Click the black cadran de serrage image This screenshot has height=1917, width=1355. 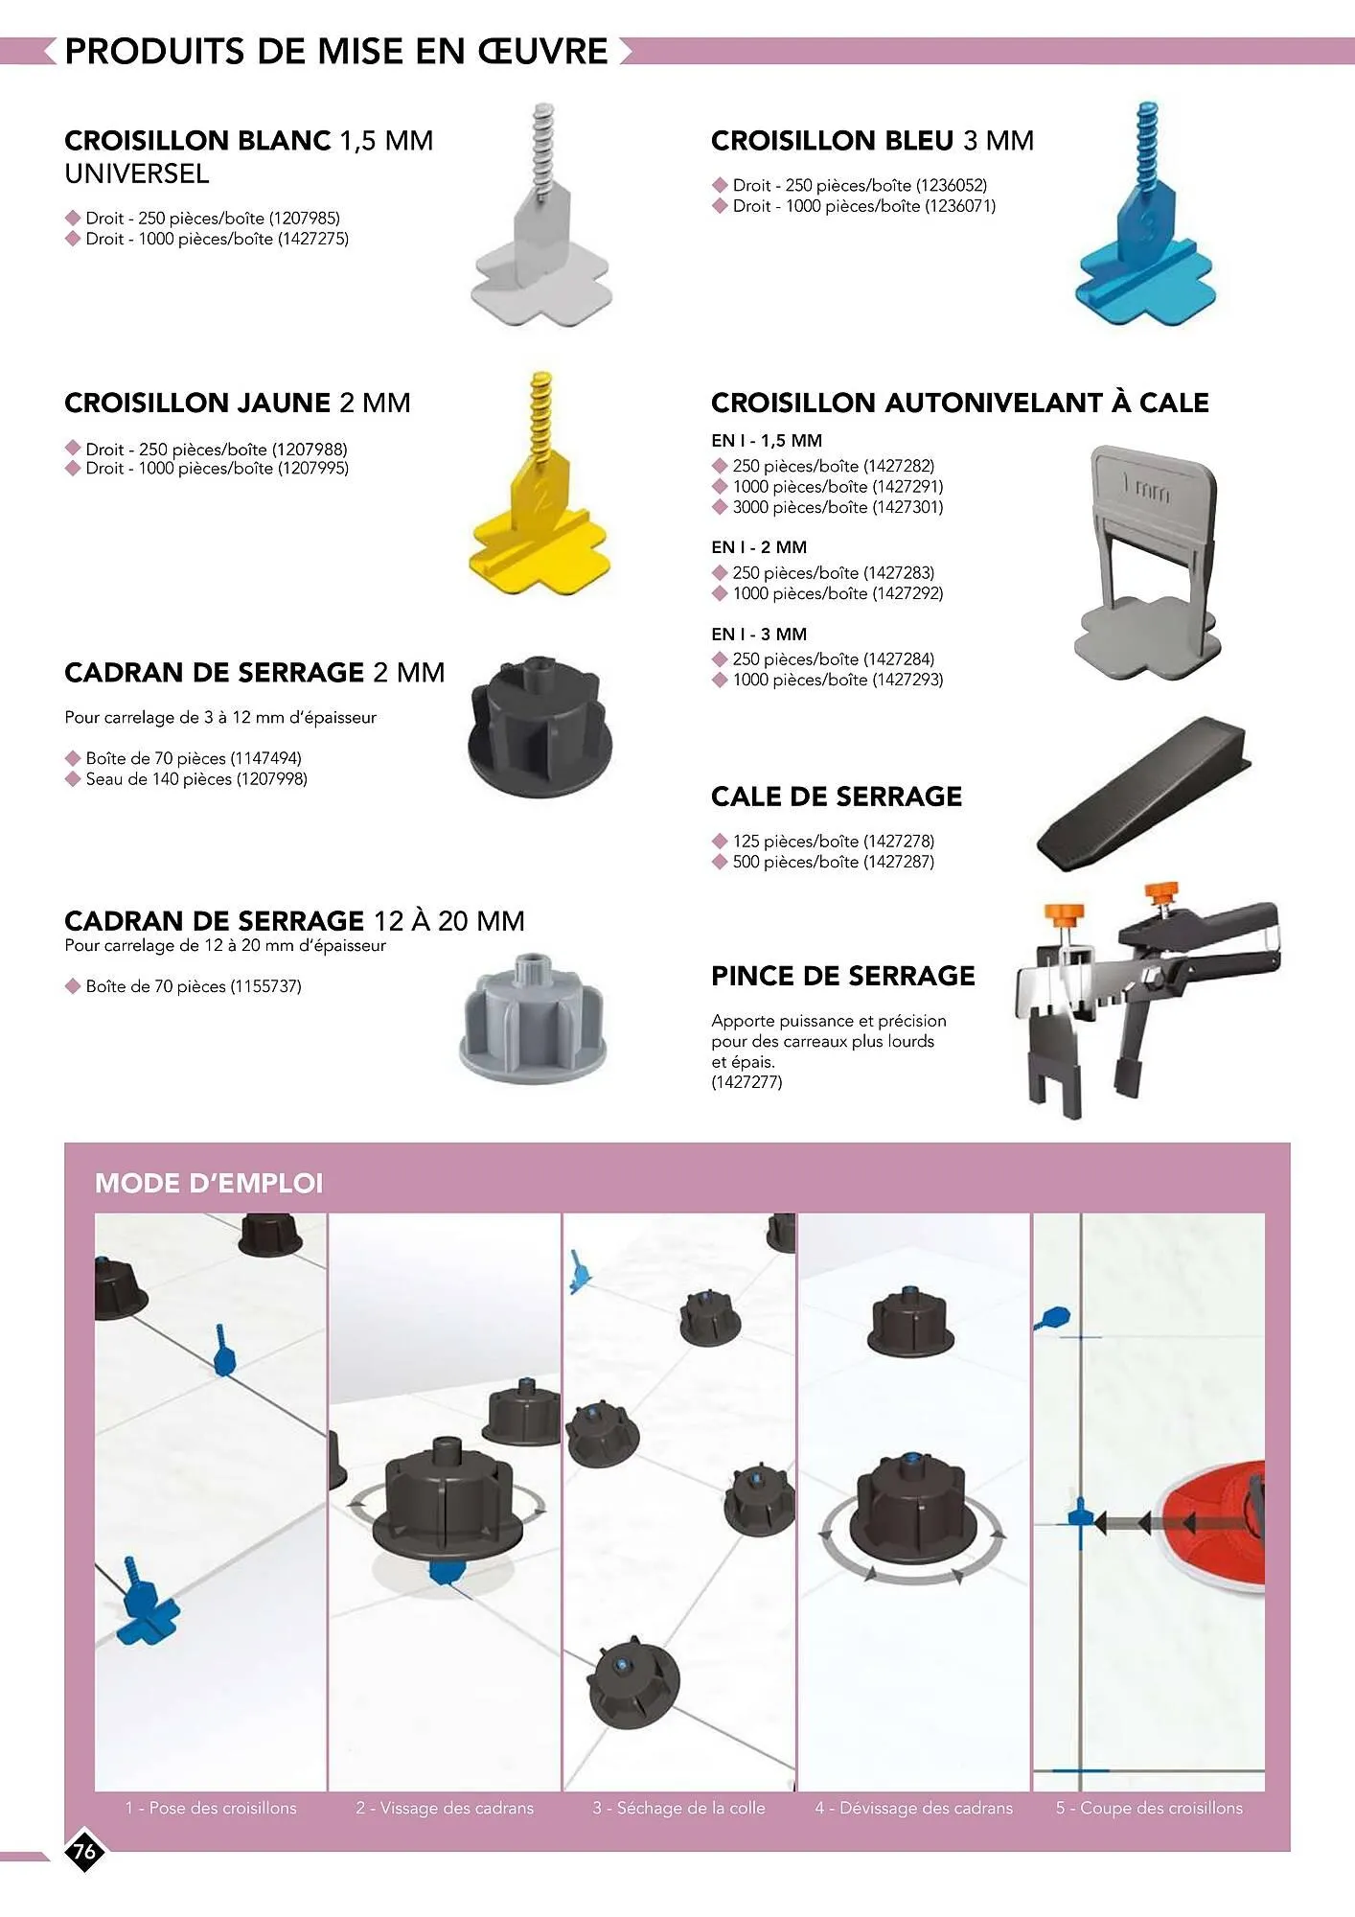(534, 727)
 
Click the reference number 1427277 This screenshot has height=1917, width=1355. (746, 1082)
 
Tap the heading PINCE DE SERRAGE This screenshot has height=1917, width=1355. (842, 976)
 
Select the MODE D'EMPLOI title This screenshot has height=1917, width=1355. (209, 1183)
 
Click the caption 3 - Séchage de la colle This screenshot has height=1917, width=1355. (678, 1808)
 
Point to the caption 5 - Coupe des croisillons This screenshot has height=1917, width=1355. (1149, 1808)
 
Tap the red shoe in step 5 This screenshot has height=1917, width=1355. (1214, 1524)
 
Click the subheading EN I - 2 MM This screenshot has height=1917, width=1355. (759, 547)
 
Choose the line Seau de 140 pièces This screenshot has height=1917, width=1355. (196, 779)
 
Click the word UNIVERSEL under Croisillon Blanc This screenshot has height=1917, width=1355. (136, 173)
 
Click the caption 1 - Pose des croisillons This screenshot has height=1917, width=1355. (211, 1808)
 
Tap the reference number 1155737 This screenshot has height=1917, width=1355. (265, 986)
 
